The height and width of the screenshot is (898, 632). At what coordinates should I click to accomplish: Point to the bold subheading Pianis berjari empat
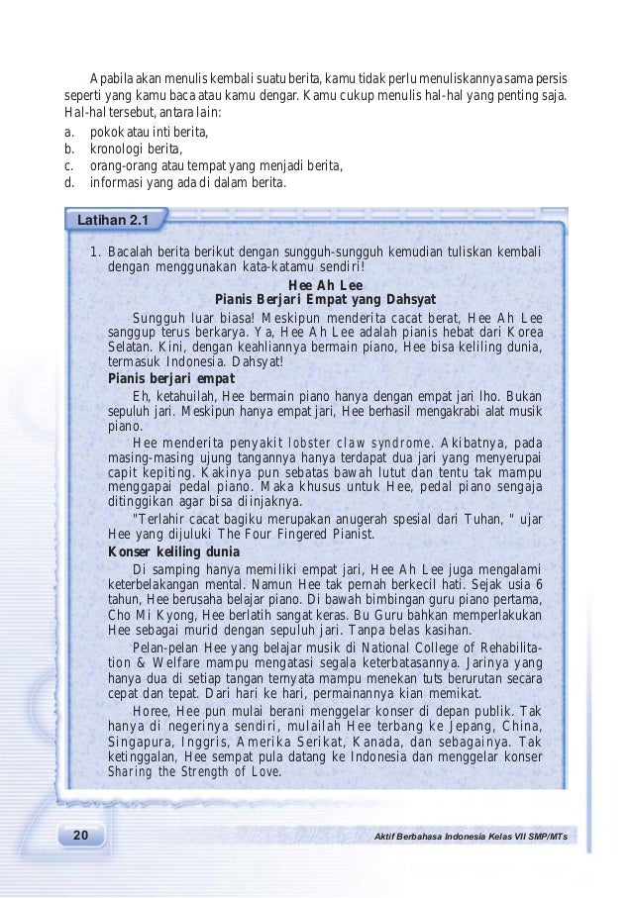[170, 378]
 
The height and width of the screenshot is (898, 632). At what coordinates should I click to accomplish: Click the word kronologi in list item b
[119, 148]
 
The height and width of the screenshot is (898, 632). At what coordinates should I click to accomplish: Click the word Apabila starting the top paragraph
[113, 77]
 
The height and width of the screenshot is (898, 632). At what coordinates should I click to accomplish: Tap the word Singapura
[143, 741]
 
